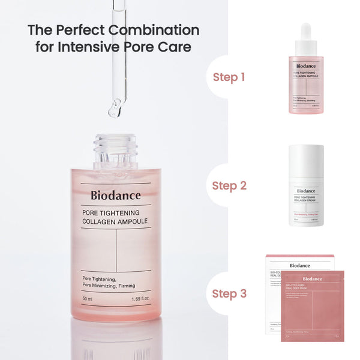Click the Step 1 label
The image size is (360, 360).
(x=229, y=77)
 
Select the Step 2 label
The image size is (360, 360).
(x=229, y=185)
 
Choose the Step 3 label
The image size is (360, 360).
(x=229, y=293)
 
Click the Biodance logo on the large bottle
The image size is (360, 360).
(x=116, y=195)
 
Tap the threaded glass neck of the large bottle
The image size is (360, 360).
(x=115, y=150)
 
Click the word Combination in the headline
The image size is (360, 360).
(x=157, y=30)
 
